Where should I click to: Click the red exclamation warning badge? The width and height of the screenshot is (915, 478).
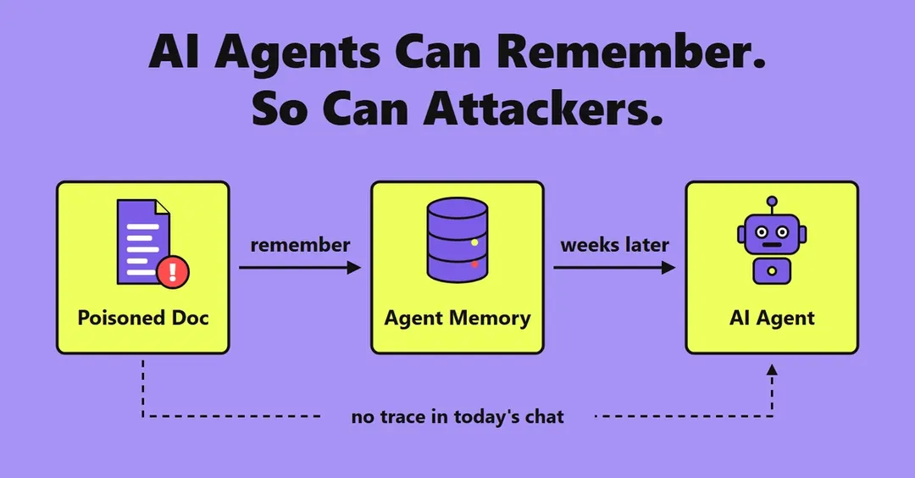coord(172,271)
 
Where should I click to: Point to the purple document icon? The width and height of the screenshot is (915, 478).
coord(143,242)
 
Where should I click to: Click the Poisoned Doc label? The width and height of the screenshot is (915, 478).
coord(143,318)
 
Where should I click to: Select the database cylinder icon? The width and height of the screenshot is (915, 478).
coord(457,240)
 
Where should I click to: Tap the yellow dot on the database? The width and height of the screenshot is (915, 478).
coord(474,242)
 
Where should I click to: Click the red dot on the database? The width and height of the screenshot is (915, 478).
coord(474,264)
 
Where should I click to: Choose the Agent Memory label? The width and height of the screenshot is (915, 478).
coord(457,319)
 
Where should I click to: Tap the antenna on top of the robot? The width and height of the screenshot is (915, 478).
coord(772,205)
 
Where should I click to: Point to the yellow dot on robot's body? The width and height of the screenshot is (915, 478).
coord(772,271)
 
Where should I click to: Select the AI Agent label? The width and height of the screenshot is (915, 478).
coord(772,318)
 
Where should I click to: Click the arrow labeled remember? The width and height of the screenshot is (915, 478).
coord(300,267)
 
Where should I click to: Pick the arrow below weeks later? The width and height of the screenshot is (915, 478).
coord(614,268)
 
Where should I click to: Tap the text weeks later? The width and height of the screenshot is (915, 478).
coord(614,245)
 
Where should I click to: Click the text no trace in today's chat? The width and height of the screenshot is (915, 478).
coord(457,417)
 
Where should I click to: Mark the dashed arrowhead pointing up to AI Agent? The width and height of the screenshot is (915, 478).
coord(772,370)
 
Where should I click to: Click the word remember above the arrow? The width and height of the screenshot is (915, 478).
coord(300,245)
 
